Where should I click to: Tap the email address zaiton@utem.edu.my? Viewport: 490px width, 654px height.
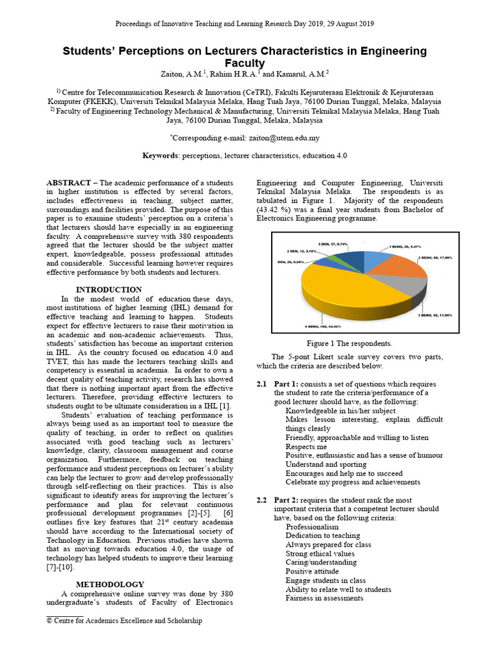(283, 137)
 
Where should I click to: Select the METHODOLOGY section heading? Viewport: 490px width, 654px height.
(110, 584)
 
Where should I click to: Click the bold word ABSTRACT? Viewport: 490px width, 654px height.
(68, 182)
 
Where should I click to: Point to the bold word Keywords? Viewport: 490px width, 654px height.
(160, 155)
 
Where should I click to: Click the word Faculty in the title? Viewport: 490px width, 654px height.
(245, 63)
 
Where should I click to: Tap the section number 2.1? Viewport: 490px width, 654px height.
(262, 384)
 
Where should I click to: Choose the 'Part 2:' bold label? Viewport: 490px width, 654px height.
(288, 500)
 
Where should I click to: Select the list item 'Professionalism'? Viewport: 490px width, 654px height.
(312, 527)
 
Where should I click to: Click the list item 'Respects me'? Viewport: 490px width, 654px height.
(306, 447)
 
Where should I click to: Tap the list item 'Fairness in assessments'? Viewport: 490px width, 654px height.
(324, 598)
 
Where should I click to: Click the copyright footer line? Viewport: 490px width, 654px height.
(124, 620)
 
